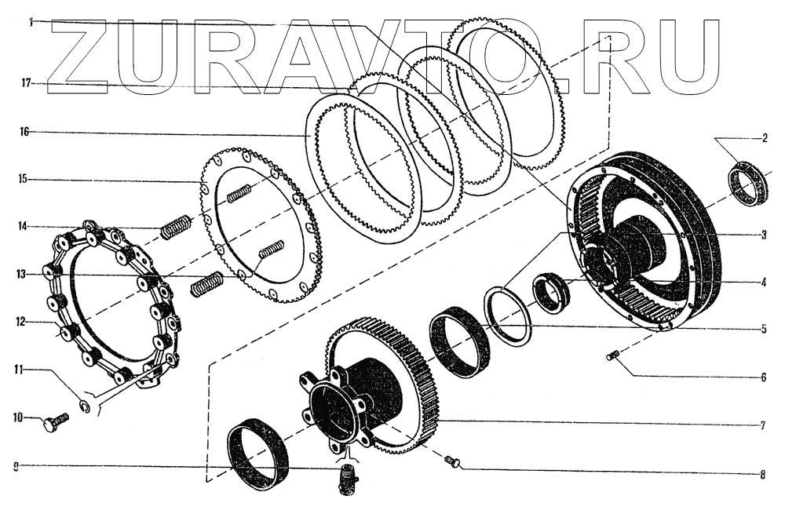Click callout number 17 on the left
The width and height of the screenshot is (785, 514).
(27, 84)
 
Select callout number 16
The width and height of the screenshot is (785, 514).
(24, 132)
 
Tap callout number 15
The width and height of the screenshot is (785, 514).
(23, 179)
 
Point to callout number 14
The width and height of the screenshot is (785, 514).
(23, 227)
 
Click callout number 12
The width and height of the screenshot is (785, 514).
(20, 322)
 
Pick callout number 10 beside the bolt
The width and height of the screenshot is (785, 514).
(18, 417)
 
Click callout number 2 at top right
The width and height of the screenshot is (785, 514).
(765, 139)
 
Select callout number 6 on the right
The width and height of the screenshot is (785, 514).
(764, 377)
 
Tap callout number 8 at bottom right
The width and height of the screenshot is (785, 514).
(762, 475)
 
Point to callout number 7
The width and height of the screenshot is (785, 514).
(763, 426)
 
